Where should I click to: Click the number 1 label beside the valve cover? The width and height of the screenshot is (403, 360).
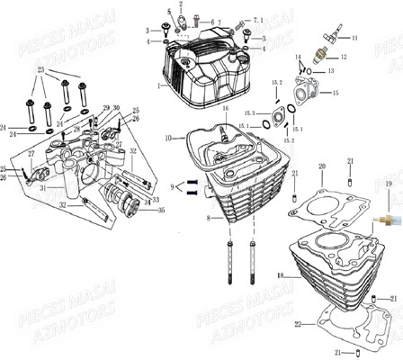159,86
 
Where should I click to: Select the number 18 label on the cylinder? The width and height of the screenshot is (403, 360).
280,274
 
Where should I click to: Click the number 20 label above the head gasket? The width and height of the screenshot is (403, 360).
321,166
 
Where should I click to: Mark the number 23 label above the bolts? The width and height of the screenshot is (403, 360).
40,69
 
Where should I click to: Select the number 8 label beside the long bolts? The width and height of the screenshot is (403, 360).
209,217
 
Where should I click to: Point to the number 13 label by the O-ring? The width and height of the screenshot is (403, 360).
330,69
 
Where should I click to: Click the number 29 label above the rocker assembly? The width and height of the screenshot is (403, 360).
105,108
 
